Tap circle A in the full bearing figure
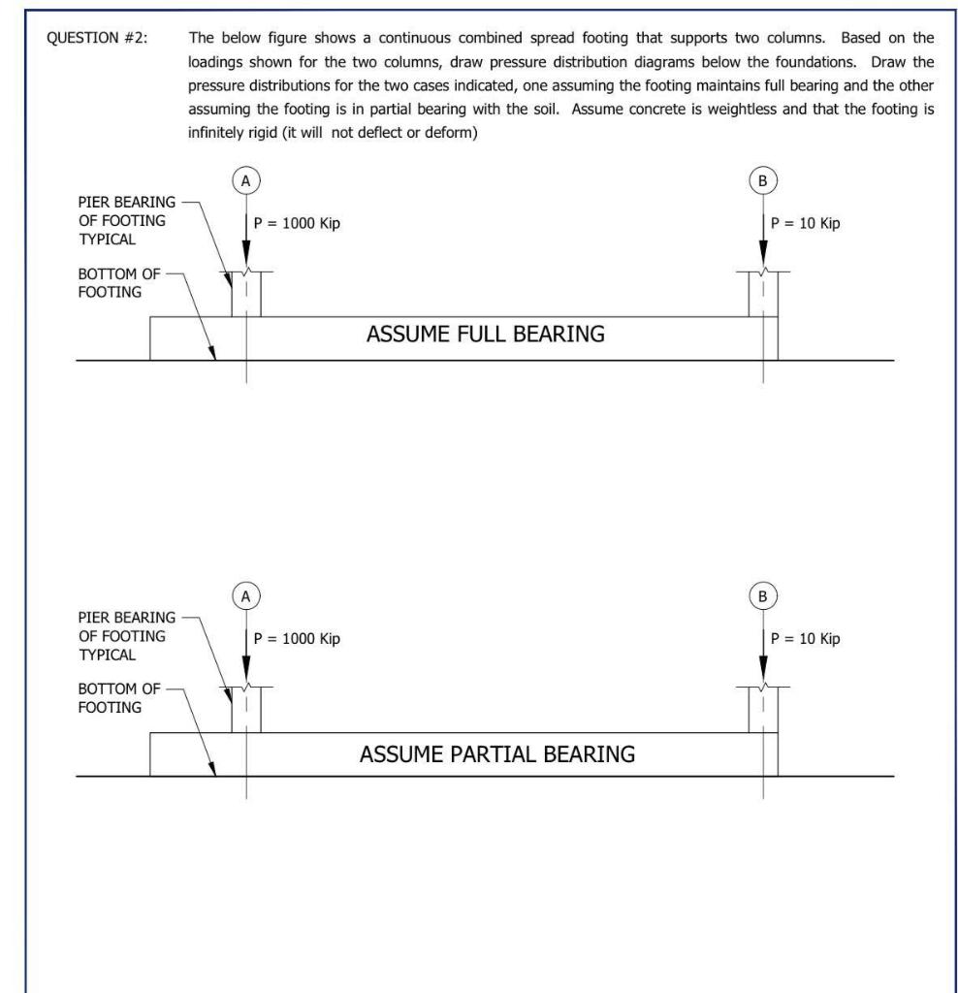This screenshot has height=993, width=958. pos(245,180)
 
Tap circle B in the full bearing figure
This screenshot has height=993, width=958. pos(763,180)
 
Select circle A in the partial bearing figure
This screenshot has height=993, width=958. pos(245,596)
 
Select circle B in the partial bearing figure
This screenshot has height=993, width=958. pos(763,596)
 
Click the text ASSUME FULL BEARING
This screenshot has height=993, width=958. pos(485,335)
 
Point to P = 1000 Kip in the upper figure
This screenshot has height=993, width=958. pos(297,223)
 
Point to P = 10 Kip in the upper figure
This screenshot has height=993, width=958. pos(806,223)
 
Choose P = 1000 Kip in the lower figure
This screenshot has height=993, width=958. pos(297,639)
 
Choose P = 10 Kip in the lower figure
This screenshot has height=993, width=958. pos(806,639)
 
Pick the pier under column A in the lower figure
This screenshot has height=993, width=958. pos(246,711)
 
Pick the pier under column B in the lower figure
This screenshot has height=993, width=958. pos(763,711)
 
